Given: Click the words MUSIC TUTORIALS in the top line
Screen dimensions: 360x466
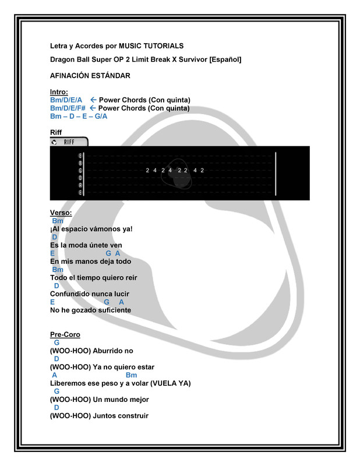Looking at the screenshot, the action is tap(151, 46).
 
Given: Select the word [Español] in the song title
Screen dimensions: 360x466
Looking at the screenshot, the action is tap(225, 59).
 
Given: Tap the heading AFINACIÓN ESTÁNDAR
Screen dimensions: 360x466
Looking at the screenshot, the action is tap(90, 76).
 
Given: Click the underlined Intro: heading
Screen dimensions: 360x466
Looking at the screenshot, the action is tap(59, 92).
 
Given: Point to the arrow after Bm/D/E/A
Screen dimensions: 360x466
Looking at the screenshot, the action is tap(93, 100).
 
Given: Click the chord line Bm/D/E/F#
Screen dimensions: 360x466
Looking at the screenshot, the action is tap(68, 108).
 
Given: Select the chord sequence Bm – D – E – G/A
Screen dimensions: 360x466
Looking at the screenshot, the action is tap(79, 116).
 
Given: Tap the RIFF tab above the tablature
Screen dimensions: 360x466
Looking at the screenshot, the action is tap(69, 142).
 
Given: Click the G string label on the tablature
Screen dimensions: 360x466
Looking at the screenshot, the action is tap(80, 171).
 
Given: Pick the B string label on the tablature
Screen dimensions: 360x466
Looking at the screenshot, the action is tap(80, 163).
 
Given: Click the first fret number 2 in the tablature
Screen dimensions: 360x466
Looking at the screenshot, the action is tap(147, 170).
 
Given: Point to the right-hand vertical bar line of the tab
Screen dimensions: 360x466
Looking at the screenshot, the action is tap(276, 174).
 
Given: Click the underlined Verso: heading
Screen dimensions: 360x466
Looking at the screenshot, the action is tap(61, 213).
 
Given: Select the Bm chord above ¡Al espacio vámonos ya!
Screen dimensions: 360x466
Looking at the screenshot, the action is tap(58, 221).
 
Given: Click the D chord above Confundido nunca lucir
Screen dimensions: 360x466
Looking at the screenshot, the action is tap(57, 285).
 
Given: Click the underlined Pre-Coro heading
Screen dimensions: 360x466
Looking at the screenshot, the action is tap(65, 334).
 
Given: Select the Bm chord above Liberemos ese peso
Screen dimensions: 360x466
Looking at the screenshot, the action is tap(132, 375).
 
